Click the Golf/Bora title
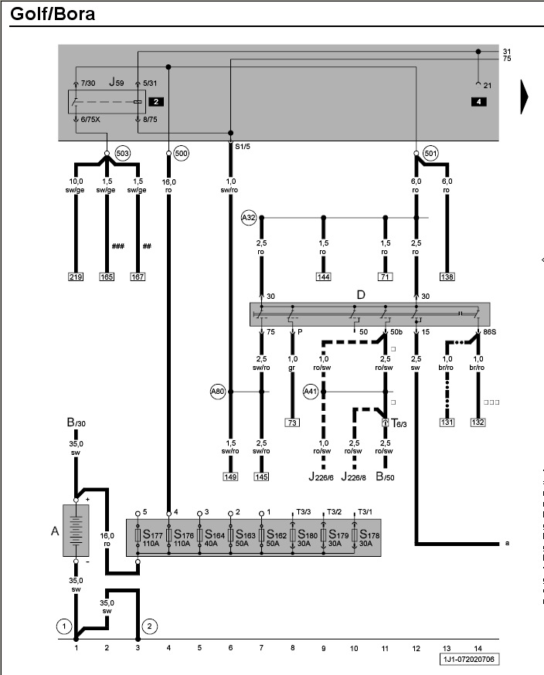click(53, 14)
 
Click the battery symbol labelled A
click(76, 531)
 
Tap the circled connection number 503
click(123, 153)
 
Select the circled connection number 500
click(182, 153)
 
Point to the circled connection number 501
click(430, 153)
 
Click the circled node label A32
click(249, 218)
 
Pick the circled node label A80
click(218, 392)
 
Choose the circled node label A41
click(311, 392)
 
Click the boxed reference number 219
click(76, 276)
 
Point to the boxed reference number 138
click(447, 276)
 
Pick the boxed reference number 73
click(292, 422)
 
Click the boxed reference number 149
click(230, 477)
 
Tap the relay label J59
click(116, 82)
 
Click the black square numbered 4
click(478, 102)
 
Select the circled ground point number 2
click(149, 626)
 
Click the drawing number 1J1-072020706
click(469, 659)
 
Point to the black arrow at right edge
click(524, 97)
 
